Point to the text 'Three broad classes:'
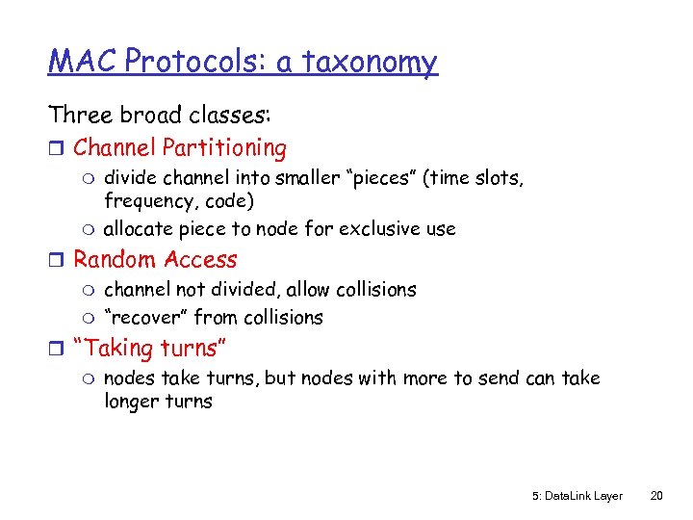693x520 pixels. click(x=160, y=115)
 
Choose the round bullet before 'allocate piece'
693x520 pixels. click(x=91, y=229)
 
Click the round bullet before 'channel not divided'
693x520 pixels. click(x=91, y=290)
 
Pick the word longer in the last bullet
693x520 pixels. click(x=131, y=402)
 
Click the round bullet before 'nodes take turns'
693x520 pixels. click(x=91, y=378)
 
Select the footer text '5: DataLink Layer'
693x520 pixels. click(x=577, y=496)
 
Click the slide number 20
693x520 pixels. click(x=656, y=496)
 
